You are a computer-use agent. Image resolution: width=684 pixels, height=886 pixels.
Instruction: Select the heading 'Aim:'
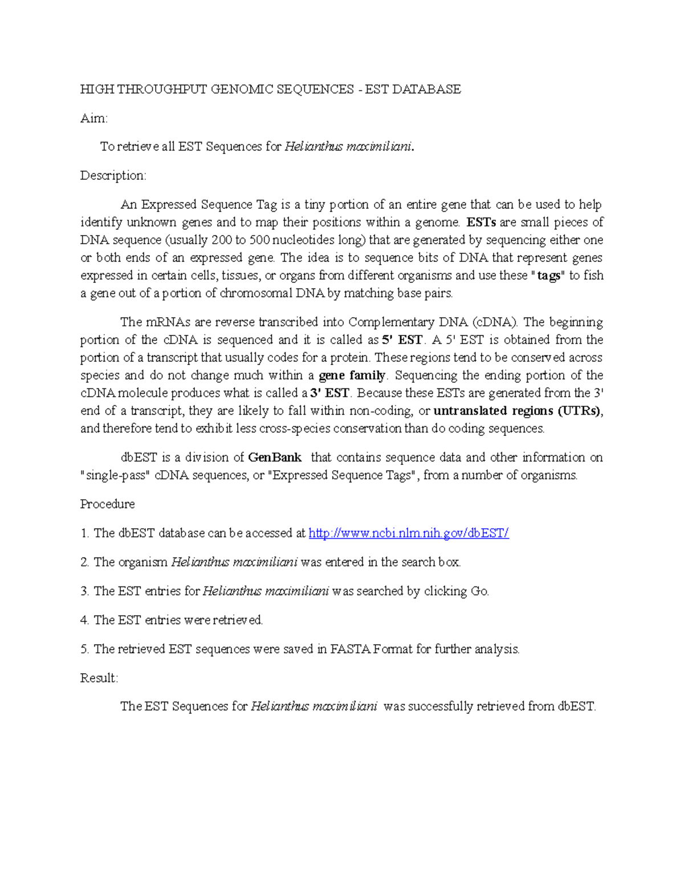click(93, 118)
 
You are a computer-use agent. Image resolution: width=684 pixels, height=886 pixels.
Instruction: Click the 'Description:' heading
click(113, 175)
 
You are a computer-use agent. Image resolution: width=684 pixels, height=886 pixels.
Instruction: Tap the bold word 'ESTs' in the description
click(481, 222)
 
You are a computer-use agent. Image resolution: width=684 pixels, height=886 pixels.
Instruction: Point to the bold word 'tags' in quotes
click(548, 276)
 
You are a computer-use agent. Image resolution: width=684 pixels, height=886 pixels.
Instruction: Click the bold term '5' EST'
click(402, 340)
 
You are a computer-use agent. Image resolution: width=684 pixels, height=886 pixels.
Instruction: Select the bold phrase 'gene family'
click(352, 375)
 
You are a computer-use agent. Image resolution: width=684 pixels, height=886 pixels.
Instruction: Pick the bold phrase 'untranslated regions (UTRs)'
click(518, 411)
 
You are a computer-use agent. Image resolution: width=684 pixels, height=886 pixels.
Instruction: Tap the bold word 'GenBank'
click(275, 458)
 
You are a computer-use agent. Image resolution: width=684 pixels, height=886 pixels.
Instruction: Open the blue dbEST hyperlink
click(408, 533)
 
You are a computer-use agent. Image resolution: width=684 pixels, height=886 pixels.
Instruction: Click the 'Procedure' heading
click(107, 504)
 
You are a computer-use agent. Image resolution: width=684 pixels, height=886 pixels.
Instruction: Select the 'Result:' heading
click(99, 678)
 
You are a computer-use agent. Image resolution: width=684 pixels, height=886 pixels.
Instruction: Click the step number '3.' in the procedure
click(85, 591)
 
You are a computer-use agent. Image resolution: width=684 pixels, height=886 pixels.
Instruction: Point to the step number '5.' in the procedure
click(85, 649)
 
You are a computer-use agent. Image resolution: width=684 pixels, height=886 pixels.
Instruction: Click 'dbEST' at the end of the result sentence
click(576, 706)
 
